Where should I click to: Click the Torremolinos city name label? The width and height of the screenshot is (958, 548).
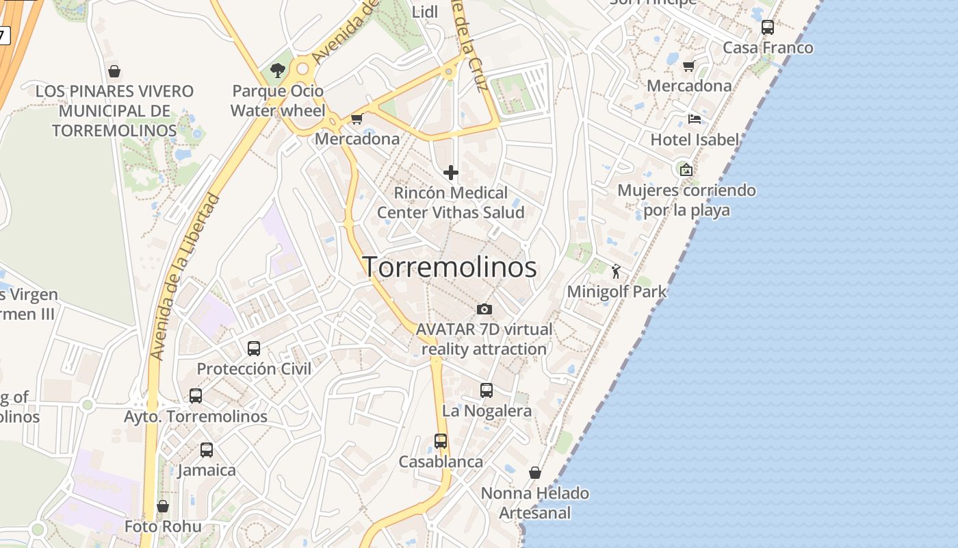click(450, 267)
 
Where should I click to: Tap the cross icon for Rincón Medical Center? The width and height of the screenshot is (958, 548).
click(451, 173)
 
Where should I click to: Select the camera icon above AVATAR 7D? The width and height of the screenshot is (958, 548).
click(484, 309)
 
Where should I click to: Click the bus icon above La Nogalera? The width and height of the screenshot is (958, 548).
click(487, 390)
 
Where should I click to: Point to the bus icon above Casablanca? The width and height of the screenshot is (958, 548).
click(441, 441)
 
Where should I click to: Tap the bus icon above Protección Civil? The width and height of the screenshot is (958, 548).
click(254, 348)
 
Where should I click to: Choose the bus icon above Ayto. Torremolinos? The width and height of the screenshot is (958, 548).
click(196, 395)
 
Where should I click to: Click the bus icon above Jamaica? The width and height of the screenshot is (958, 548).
click(207, 450)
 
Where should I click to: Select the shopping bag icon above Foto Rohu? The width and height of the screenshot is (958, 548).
click(163, 506)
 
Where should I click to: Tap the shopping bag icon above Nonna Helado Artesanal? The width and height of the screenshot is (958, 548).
click(535, 473)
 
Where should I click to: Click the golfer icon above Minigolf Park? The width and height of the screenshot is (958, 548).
click(616, 271)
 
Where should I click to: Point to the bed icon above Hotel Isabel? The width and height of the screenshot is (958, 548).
click(695, 119)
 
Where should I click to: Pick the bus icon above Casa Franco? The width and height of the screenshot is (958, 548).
click(768, 27)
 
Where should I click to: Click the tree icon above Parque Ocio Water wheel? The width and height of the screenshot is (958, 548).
click(278, 70)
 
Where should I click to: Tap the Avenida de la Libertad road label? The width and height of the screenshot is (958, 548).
click(185, 277)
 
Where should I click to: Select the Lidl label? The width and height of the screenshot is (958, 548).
click(425, 12)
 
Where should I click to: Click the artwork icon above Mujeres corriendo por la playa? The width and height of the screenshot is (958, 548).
click(686, 170)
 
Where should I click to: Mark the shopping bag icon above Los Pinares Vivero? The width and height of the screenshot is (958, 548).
click(114, 71)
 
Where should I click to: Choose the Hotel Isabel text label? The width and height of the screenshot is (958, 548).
click(695, 140)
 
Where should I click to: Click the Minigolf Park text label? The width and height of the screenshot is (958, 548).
click(617, 292)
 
